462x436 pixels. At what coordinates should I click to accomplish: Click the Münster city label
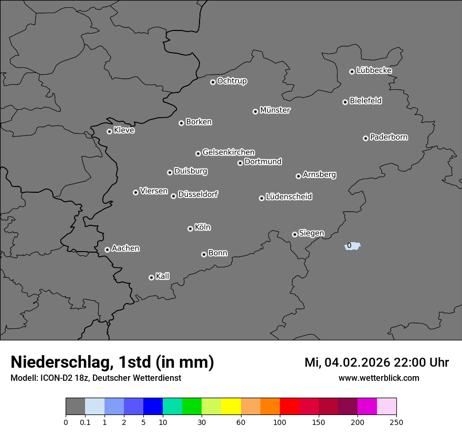tap(275, 110)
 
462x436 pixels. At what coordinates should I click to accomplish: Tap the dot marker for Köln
tap(190, 229)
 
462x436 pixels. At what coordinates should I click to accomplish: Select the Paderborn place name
tap(388, 137)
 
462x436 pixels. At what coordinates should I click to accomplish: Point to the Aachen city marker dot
tap(107, 250)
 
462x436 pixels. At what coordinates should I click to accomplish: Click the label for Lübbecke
tap(374, 70)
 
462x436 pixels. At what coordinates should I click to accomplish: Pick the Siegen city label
tap(311, 233)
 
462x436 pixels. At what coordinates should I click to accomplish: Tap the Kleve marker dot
tap(109, 131)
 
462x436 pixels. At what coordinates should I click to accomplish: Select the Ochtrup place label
tap(232, 81)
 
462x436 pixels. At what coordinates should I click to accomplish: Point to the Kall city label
tap(162, 276)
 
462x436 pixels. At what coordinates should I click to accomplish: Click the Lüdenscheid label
tap(289, 197)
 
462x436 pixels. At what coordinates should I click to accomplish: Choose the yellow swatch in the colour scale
tap(231, 407)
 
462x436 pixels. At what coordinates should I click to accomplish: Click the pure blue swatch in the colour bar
tap(153, 407)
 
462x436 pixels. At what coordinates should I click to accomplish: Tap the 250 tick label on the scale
tap(396, 421)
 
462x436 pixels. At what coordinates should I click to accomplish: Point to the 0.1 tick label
tap(85, 421)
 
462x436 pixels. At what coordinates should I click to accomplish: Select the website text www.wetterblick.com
tap(379, 378)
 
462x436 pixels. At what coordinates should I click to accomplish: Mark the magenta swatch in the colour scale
tap(367, 407)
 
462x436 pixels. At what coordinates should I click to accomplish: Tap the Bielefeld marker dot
tap(345, 102)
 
